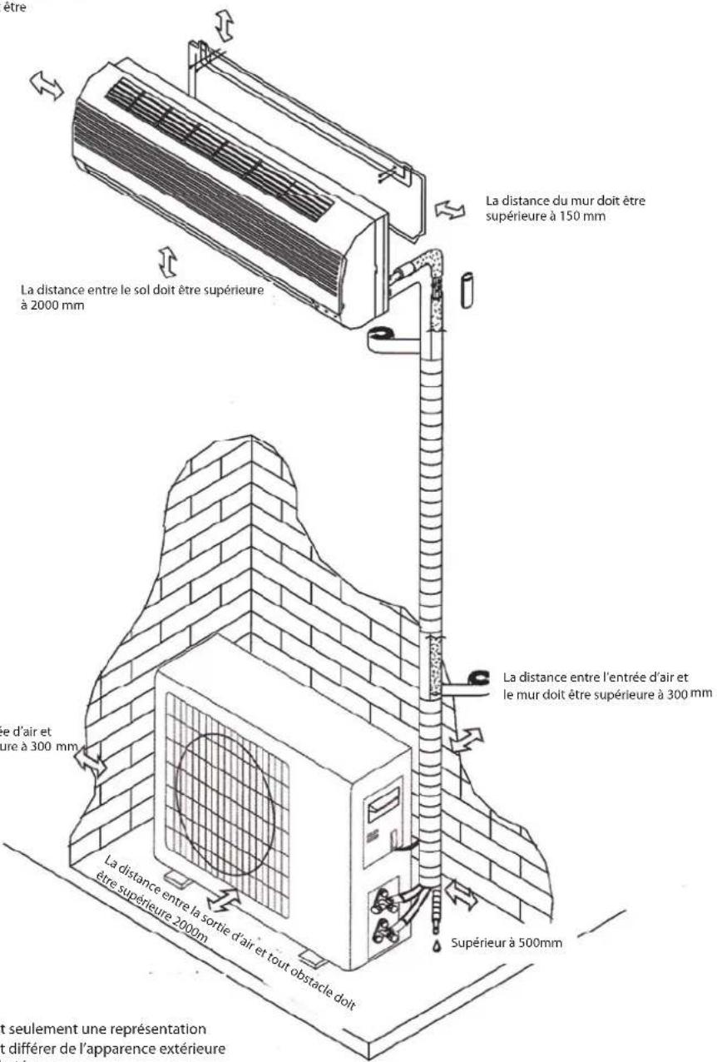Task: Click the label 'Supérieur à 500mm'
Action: [x=508, y=945]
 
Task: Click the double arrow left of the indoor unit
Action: [x=47, y=84]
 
